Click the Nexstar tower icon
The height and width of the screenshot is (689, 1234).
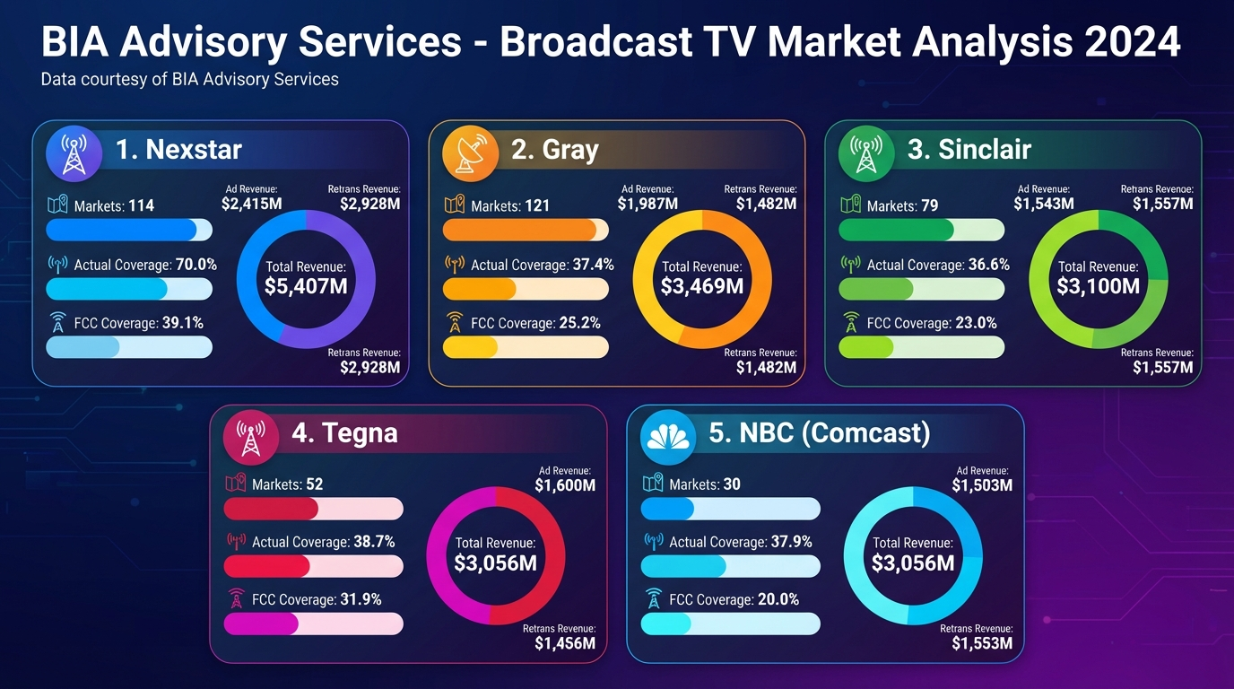(x=74, y=153)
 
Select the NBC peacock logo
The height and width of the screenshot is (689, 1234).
(x=668, y=437)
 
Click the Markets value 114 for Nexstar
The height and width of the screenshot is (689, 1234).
(x=141, y=206)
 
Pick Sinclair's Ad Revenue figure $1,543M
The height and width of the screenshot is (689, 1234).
(x=1044, y=205)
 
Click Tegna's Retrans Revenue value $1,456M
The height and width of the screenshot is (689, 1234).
(x=565, y=644)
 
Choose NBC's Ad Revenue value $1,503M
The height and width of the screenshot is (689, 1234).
(x=982, y=486)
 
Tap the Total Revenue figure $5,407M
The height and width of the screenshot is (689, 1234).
(x=306, y=286)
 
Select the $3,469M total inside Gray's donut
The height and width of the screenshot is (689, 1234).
(x=702, y=286)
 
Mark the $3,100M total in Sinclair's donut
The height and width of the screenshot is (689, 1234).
(x=1099, y=286)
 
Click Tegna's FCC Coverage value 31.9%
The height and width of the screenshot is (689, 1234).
(x=361, y=599)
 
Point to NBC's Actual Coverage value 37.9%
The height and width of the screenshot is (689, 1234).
(x=791, y=543)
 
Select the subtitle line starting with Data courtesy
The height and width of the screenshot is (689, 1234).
(x=190, y=80)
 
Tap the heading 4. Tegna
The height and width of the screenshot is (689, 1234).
(x=344, y=433)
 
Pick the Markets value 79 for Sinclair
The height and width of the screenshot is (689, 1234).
(x=929, y=206)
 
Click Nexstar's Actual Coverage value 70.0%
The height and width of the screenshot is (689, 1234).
(x=196, y=266)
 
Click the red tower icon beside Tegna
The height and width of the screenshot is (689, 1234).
(x=250, y=437)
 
